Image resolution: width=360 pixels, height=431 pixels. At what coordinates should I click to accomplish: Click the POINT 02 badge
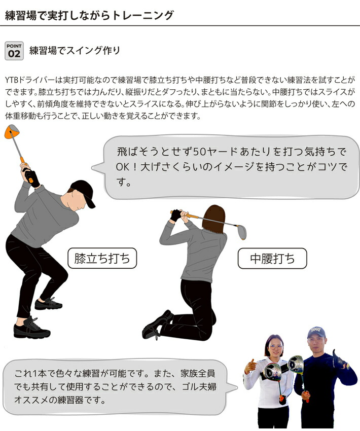[x=14, y=51]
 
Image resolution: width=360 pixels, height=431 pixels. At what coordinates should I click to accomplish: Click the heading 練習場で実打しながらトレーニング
[x=89, y=15]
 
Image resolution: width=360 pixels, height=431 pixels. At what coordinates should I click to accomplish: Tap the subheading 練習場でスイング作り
[x=75, y=51]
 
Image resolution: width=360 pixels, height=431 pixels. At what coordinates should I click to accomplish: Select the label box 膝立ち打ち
[x=102, y=259]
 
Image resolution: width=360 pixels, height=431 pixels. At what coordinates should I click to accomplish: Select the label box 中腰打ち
[x=272, y=259]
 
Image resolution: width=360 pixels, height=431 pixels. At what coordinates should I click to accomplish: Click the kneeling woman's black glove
[x=176, y=215]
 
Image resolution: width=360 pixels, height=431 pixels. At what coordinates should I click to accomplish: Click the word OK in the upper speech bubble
[x=124, y=167]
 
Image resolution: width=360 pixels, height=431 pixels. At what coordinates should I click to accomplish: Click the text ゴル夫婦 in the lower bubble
[x=198, y=387]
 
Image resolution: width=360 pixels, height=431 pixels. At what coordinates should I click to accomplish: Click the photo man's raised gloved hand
[x=341, y=361]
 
